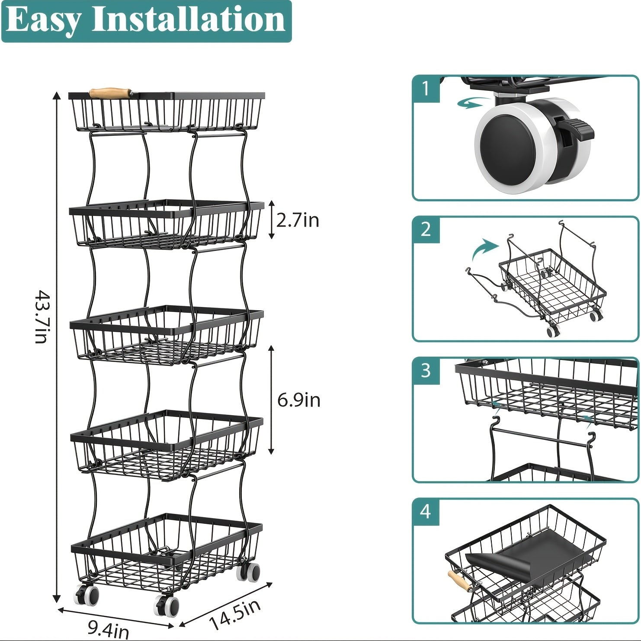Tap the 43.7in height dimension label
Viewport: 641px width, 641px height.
pyautogui.click(x=42, y=317)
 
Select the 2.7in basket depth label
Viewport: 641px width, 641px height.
pyautogui.click(x=298, y=220)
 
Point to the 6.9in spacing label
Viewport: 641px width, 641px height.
pyautogui.click(x=299, y=400)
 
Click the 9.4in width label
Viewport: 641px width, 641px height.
pyautogui.click(x=108, y=628)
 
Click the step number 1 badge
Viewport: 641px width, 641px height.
pyautogui.click(x=426, y=89)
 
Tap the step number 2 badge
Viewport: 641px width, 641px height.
pyautogui.click(x=426, y=229)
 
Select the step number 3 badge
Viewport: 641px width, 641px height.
pyautogui.click(x=426, y=371)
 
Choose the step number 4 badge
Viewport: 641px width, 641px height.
pyautogui.click(x=426, y=512)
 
